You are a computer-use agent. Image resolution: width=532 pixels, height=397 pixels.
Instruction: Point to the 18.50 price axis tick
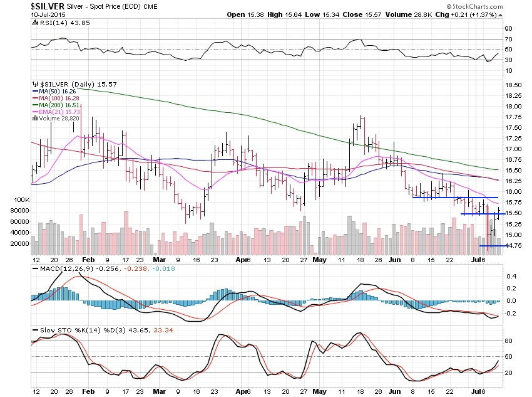tap(513, 84)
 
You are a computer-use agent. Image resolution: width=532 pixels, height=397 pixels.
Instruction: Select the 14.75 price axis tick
tap(513, 246)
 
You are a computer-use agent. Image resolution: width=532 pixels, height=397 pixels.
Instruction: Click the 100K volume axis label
tap(21, 199)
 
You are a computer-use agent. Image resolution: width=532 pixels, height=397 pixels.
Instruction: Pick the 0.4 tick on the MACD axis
tap(511, 275)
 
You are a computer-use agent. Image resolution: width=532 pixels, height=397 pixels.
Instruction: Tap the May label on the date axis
tap(319, 259)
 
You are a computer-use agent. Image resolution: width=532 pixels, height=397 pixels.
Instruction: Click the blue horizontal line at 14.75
tap(492, 246)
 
